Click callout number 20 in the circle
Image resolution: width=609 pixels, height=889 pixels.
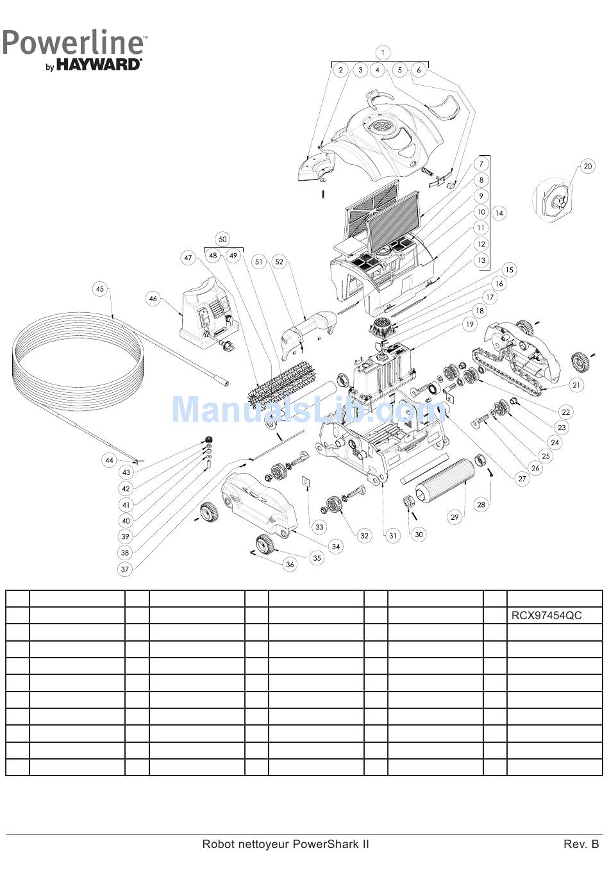coord(588,167)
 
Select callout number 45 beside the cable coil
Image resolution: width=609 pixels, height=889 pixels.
coord(99,289)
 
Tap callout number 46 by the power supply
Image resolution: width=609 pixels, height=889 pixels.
coord(153,299)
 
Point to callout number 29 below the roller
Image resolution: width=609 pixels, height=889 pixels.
coord(455,517)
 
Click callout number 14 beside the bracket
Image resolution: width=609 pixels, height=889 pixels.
coord(499,213)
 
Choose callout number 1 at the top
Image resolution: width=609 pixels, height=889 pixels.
coord(382,53)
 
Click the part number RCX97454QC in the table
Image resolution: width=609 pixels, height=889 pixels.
coord(546,616)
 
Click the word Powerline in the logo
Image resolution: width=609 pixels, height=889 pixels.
coord(74,43)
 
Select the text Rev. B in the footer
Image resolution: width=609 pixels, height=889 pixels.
coord(581,844)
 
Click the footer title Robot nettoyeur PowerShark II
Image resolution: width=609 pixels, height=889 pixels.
coord(285,844)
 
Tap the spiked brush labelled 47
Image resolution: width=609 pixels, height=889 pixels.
coord(282,385)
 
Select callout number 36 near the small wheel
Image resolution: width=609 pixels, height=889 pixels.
coord(290,564)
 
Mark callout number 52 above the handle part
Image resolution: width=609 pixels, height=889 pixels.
coord(279,262)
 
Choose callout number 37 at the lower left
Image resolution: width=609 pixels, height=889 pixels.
coord(125,569)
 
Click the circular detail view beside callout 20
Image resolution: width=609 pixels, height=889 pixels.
coord(553,199)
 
